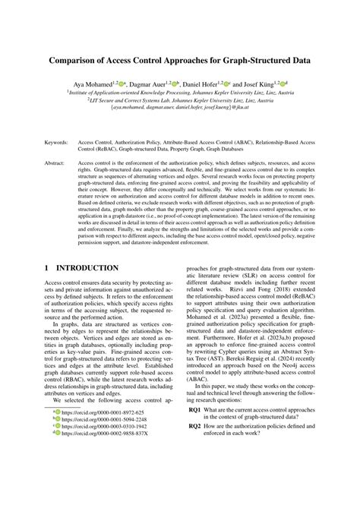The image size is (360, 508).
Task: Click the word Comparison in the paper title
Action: point(78,58)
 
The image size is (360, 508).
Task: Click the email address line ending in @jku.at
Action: point(179,108)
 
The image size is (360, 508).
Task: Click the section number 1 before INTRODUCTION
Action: point(49,268)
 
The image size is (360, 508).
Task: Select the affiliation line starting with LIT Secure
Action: point(180,99)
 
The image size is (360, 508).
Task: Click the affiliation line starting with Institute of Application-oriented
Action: point(180,91)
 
